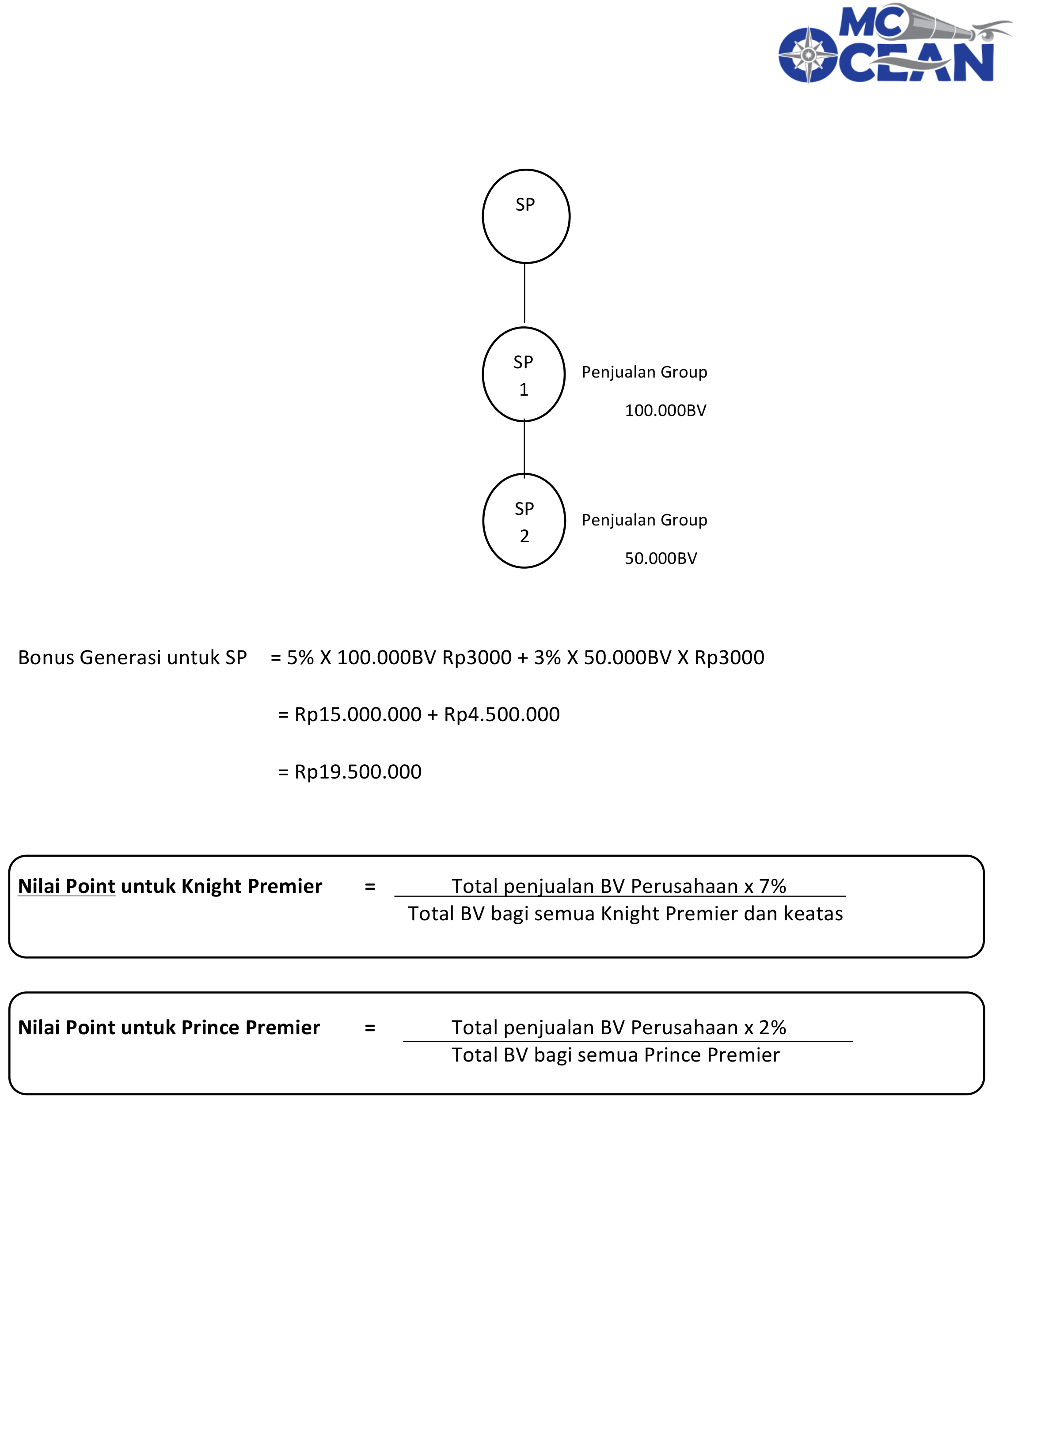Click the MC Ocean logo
[892, 45]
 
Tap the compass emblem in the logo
[808, 55]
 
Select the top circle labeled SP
[526, 216]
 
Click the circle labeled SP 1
[524, 374]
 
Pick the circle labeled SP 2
[524, 521]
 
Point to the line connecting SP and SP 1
[524, 293]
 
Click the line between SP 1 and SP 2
[524, 448]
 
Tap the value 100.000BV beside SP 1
[665, 411]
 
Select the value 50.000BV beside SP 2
[661, 558]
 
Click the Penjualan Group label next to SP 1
[644, 372]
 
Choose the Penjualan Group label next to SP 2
[644, 520]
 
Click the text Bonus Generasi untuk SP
[132, 658]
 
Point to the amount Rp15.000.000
[357, 714]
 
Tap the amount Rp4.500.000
[502, 714]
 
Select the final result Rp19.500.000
[357, 772]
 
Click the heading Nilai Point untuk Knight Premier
[170, 886]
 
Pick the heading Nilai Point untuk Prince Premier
[168, 1027]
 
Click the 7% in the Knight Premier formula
[772, 886]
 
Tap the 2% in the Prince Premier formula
[772, 1027]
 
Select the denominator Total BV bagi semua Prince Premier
[615, 1054]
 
